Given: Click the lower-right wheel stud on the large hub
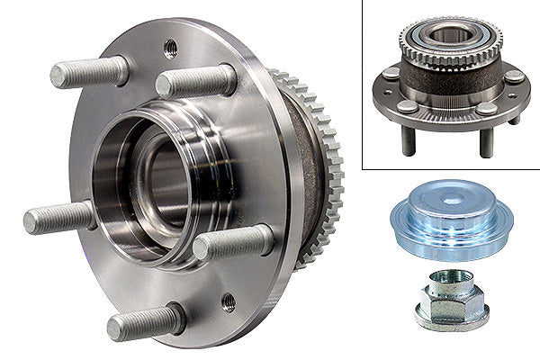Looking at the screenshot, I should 233,242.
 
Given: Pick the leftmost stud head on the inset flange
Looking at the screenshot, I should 391,73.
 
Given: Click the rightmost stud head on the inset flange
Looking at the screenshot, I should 512,76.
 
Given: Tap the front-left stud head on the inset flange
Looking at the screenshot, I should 408,106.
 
